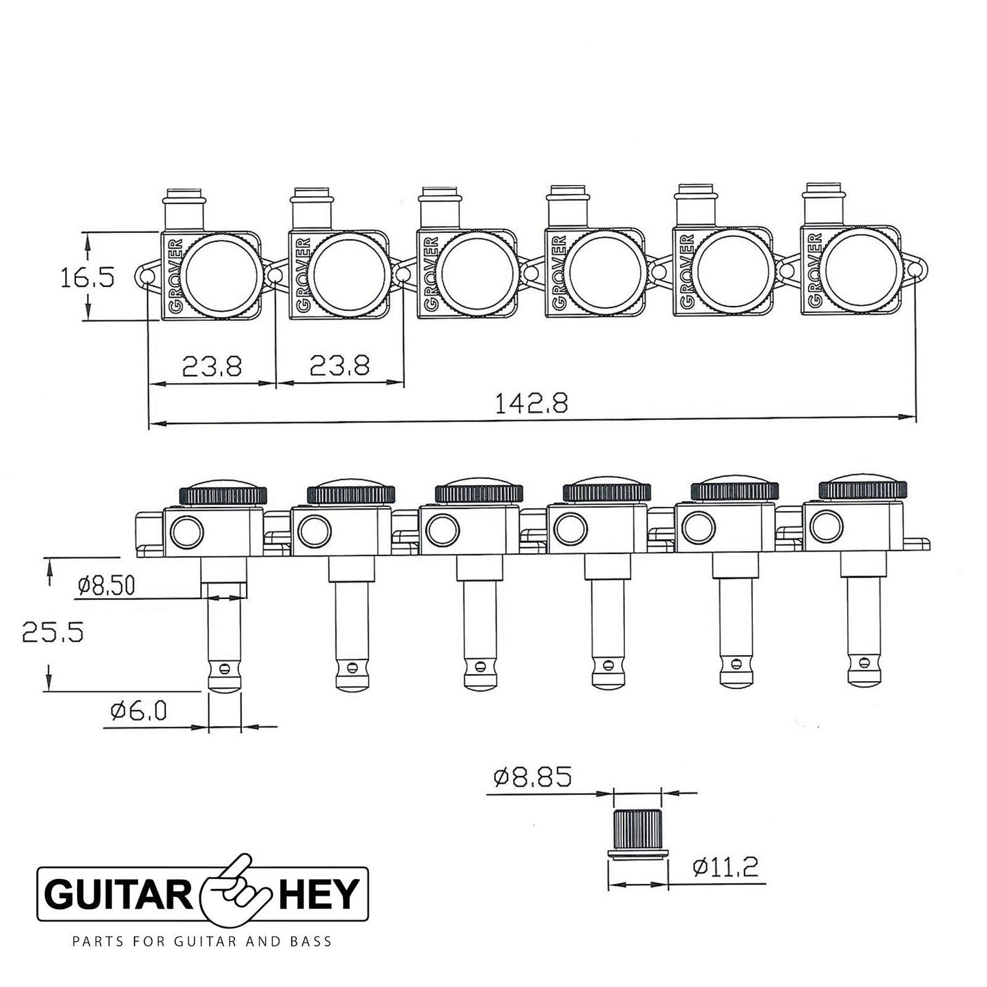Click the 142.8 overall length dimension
[x=531, y=404]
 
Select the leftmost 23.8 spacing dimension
[x=212, y=367]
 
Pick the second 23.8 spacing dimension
[x=339, y=367]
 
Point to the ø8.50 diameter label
[x=108, y=585]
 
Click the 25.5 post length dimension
[x=53, y=631]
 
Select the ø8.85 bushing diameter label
[x=531, y=777]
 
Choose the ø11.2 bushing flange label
[x=724, y=867]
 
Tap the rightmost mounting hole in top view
[x=916, y=271]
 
